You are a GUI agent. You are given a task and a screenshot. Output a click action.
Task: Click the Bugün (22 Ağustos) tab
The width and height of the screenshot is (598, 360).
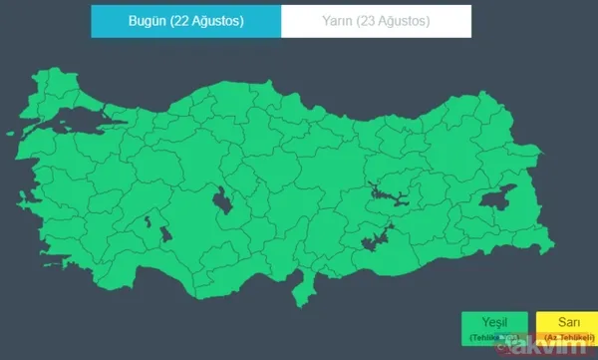(185, 21)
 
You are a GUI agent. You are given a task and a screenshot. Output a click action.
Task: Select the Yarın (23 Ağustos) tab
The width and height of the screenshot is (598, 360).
(375, 21)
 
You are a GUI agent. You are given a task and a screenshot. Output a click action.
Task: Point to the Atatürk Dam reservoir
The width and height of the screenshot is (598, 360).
(375, 235)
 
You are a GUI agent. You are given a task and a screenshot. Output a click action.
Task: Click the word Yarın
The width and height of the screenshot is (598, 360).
(337, 21)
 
